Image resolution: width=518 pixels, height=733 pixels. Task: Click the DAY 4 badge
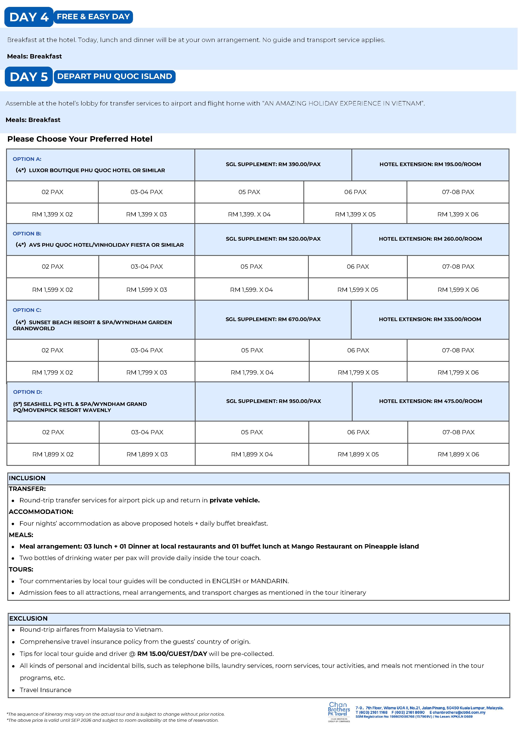point(29,17)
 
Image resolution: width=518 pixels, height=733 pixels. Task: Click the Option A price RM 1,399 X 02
point(52,214)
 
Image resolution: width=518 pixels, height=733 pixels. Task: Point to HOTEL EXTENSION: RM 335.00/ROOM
point(430,319)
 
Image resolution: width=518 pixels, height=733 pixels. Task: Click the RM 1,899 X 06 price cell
point(458,454)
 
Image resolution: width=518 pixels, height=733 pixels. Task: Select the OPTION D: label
point(28,392)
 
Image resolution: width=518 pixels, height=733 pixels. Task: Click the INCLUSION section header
point(27,478)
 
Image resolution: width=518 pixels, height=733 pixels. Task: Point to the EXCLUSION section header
point(28,618)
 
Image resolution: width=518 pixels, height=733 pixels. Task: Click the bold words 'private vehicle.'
point(235,500)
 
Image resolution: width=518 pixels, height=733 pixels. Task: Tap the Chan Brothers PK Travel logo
point(339,712)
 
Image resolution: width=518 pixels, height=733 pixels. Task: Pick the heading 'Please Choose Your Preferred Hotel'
point(80,139)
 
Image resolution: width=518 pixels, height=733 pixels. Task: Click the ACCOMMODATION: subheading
point(41,512)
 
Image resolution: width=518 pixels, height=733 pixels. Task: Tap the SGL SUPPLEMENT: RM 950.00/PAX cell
point(274,401)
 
